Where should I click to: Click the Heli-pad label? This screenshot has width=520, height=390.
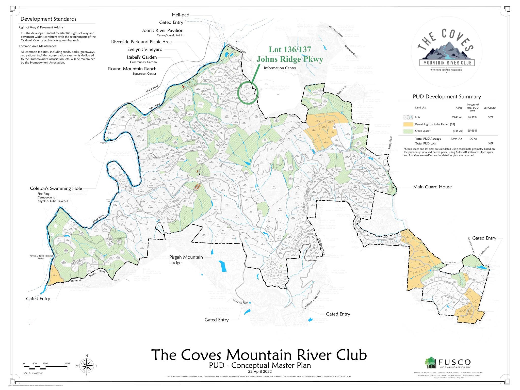tap(181, 15)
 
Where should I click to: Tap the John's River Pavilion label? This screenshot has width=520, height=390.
tap(162, 30)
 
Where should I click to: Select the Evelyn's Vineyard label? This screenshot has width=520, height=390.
tap(145, 50)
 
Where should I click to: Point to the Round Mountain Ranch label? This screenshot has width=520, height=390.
tap(132, 69)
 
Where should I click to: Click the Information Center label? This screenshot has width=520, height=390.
tap(280, 68)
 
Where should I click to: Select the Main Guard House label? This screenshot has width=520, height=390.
tap(432, 187)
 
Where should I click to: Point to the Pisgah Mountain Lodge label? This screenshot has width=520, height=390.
tap(186, 260)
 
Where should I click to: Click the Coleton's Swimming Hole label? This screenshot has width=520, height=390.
tap(56, 188)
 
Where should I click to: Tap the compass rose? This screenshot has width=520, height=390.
tap(87, 366)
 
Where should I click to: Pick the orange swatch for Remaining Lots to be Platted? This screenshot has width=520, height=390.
tap(408, 124)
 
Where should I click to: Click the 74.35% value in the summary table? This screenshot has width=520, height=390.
tap(472, 117)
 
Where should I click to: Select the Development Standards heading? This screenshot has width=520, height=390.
tap(48, 19)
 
